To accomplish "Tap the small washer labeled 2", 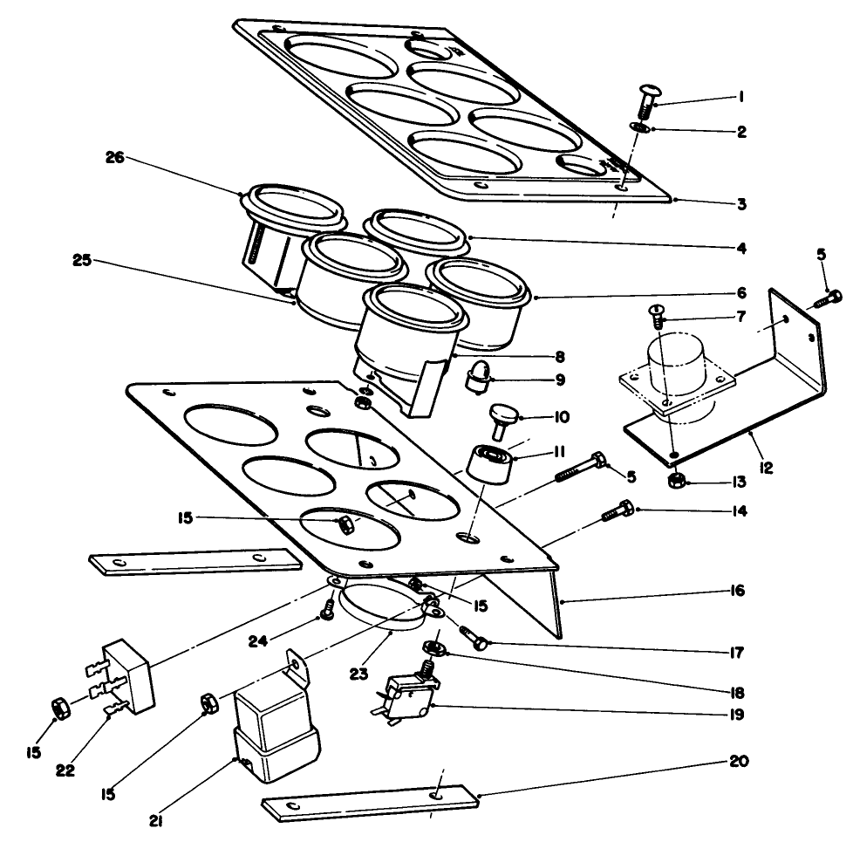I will pos(639,127).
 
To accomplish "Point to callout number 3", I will pos(740,204).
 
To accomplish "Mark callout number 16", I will pos(738,592).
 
